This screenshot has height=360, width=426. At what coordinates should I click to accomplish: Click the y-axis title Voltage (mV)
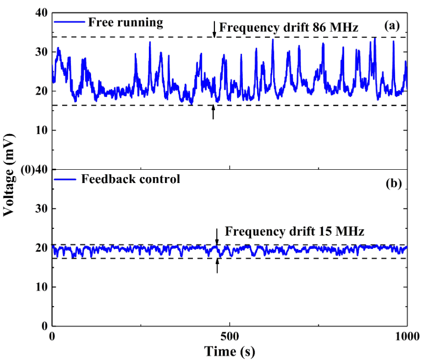click(8, 170)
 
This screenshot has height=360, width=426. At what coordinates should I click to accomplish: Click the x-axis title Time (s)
click(230, 351)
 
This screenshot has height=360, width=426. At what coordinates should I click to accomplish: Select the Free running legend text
click(125, 22)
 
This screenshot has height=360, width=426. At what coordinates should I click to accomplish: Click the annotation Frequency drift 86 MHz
click(289, 27)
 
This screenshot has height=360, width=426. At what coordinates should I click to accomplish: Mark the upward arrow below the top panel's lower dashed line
click(213, 112)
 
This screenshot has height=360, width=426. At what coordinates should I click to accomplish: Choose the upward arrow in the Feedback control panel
click(217, 265)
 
